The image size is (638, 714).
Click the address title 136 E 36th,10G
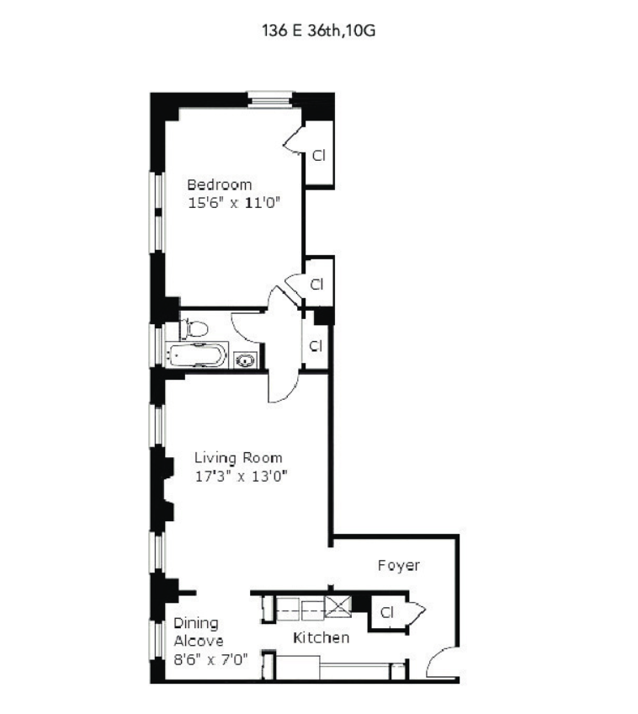[318, 30]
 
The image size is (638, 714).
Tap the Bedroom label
[220, 184]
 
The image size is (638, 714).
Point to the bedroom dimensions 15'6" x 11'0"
[234, 202]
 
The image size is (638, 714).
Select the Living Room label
[238, 457]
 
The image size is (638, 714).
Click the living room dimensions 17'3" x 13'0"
[242, 476]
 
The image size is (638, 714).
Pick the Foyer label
[399, 566]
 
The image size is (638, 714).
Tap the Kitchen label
[321, 637]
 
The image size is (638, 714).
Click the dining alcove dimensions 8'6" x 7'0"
[210, 659]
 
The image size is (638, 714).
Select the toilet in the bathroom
[194, 328]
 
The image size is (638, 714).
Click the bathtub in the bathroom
[197, 355]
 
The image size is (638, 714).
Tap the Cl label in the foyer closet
[386, 612]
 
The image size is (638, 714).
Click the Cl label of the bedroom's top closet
[318, 155]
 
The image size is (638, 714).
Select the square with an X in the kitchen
[338, 606]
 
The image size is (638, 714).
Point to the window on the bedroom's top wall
[269, 100]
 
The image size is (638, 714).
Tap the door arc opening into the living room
[283, 387]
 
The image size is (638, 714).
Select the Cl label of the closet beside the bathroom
[316, 345]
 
